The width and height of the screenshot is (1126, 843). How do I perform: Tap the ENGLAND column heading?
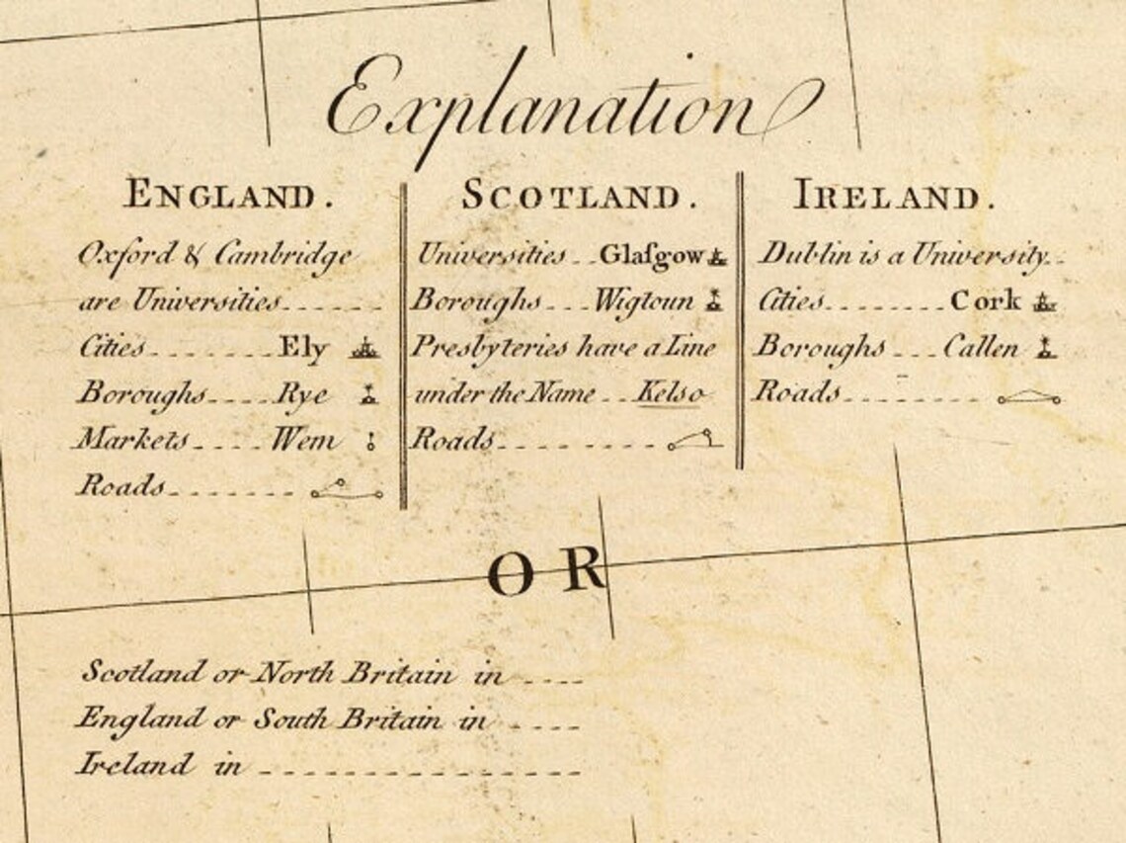tap(227, 196)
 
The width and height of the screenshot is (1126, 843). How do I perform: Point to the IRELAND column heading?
tap(894, 196)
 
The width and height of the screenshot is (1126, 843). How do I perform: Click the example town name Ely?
tap(303, 347)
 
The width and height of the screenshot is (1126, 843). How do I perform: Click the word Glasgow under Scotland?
tap(651, 256)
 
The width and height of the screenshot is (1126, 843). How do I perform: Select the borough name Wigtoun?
tap(644, 301)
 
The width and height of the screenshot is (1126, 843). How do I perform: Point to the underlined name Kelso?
tap(670, 393)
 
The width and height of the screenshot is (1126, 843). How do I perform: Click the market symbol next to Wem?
tap(371, 443)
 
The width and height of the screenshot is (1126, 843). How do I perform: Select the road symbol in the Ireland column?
tap(1028, 397)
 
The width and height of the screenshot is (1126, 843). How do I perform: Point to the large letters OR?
tap(546, 573)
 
